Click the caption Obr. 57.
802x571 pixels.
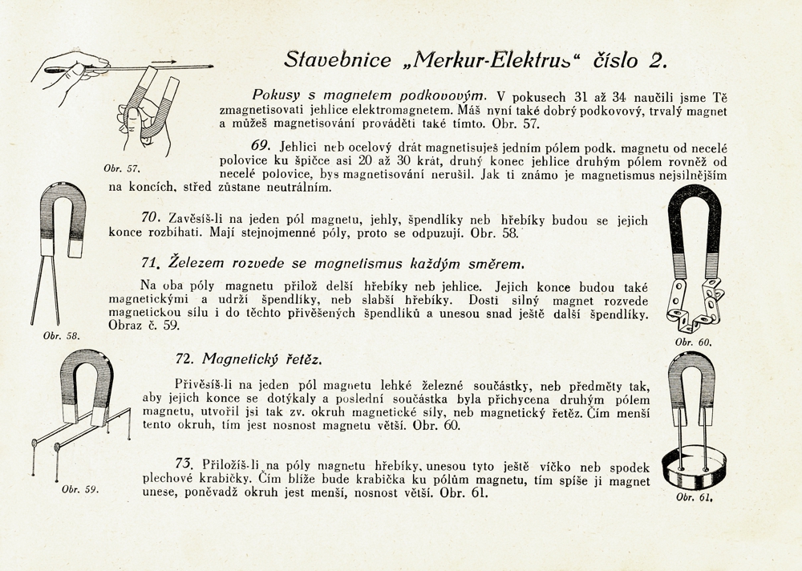tap(123, 169)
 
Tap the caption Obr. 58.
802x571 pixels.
tap(62, 336)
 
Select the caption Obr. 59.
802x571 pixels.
tap(80, 489)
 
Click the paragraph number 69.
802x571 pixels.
tap(263, 147)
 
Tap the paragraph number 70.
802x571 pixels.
tap(152, 217)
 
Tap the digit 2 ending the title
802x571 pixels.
tap(658, 59)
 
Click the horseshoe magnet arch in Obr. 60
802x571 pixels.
tap(695, 229)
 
